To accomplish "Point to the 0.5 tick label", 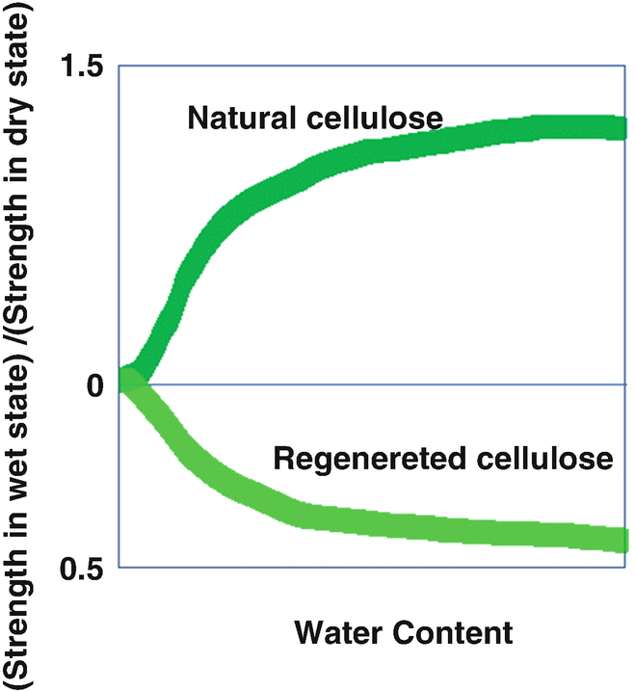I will point(82,569).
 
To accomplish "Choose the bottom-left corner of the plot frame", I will point(119,567).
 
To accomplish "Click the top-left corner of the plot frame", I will point(119,66).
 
